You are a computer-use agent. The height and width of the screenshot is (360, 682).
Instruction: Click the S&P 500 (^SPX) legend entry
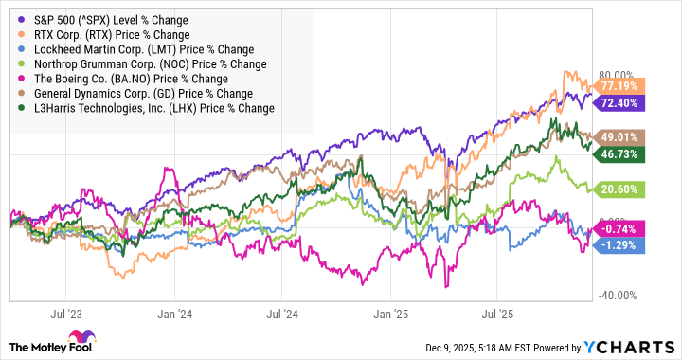[104, 20]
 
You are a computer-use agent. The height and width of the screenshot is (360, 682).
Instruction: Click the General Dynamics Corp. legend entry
[138, 94]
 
